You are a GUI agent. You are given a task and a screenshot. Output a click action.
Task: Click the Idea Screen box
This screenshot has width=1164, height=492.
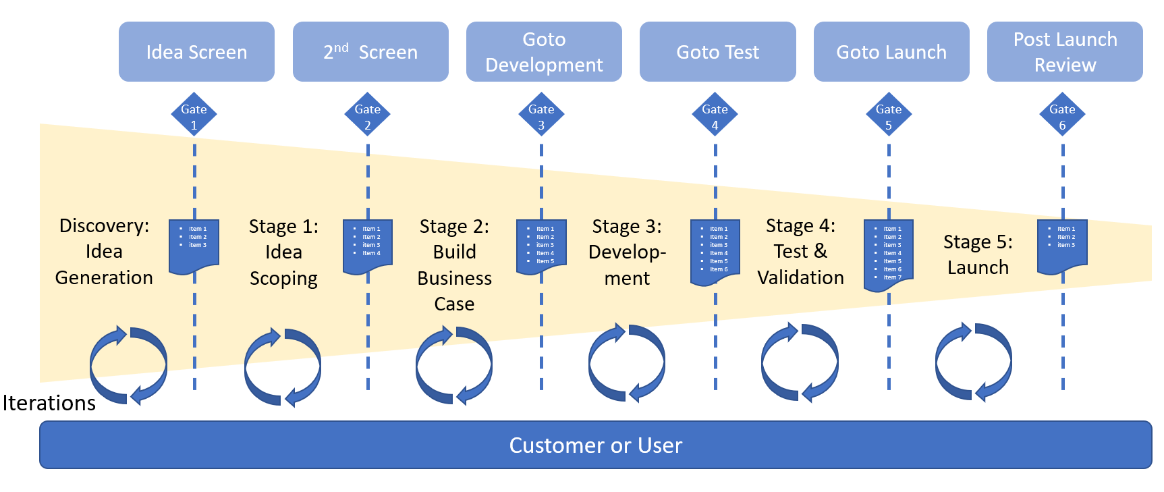(x=196, y=52)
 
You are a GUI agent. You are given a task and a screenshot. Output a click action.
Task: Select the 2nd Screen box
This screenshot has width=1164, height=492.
(x=370, y=52)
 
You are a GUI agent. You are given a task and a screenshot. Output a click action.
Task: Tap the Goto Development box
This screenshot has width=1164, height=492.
(x=544, y=52)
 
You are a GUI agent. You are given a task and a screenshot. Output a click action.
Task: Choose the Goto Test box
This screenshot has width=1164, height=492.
(x=717, y=52)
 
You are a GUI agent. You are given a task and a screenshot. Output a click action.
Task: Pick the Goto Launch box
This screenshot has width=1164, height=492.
(x=891, y=52)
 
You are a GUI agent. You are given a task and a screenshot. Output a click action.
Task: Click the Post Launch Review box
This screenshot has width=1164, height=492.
(x=1065, y=52)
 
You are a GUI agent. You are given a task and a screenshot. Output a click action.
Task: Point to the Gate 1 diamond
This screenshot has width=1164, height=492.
(x=194, y=115)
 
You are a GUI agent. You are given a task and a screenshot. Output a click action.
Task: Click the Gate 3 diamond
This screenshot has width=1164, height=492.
(x=541, y=115)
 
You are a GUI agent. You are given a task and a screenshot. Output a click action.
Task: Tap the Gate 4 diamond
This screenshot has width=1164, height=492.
(x=715, y=115)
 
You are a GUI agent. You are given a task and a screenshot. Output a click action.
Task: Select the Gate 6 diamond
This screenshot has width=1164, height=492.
(x=1062, y=115)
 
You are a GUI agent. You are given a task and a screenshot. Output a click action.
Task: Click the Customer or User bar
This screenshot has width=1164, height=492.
(x=595, y=445)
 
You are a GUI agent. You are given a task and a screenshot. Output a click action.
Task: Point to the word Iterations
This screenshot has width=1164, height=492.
(x=49, y=403)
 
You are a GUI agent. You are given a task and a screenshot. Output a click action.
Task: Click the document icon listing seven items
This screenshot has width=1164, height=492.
(x=889, y=254)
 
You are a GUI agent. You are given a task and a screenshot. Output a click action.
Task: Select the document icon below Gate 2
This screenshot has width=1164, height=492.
(x=368, y=246)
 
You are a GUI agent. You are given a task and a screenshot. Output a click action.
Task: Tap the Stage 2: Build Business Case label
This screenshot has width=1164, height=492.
(x=454, y=265)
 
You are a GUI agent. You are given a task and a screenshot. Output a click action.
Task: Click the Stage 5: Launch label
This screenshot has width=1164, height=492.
(x=978, y=254)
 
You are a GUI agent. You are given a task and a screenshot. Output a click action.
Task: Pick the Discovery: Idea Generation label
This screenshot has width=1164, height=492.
(x=104, y=252)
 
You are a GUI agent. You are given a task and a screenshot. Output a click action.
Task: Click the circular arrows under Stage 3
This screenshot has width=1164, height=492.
(x=627, y=363)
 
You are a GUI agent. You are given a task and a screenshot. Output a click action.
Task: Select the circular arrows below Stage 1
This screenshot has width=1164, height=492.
(x=283, y=367)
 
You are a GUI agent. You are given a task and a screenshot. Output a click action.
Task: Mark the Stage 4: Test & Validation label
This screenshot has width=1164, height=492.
(x=800, y=252)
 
